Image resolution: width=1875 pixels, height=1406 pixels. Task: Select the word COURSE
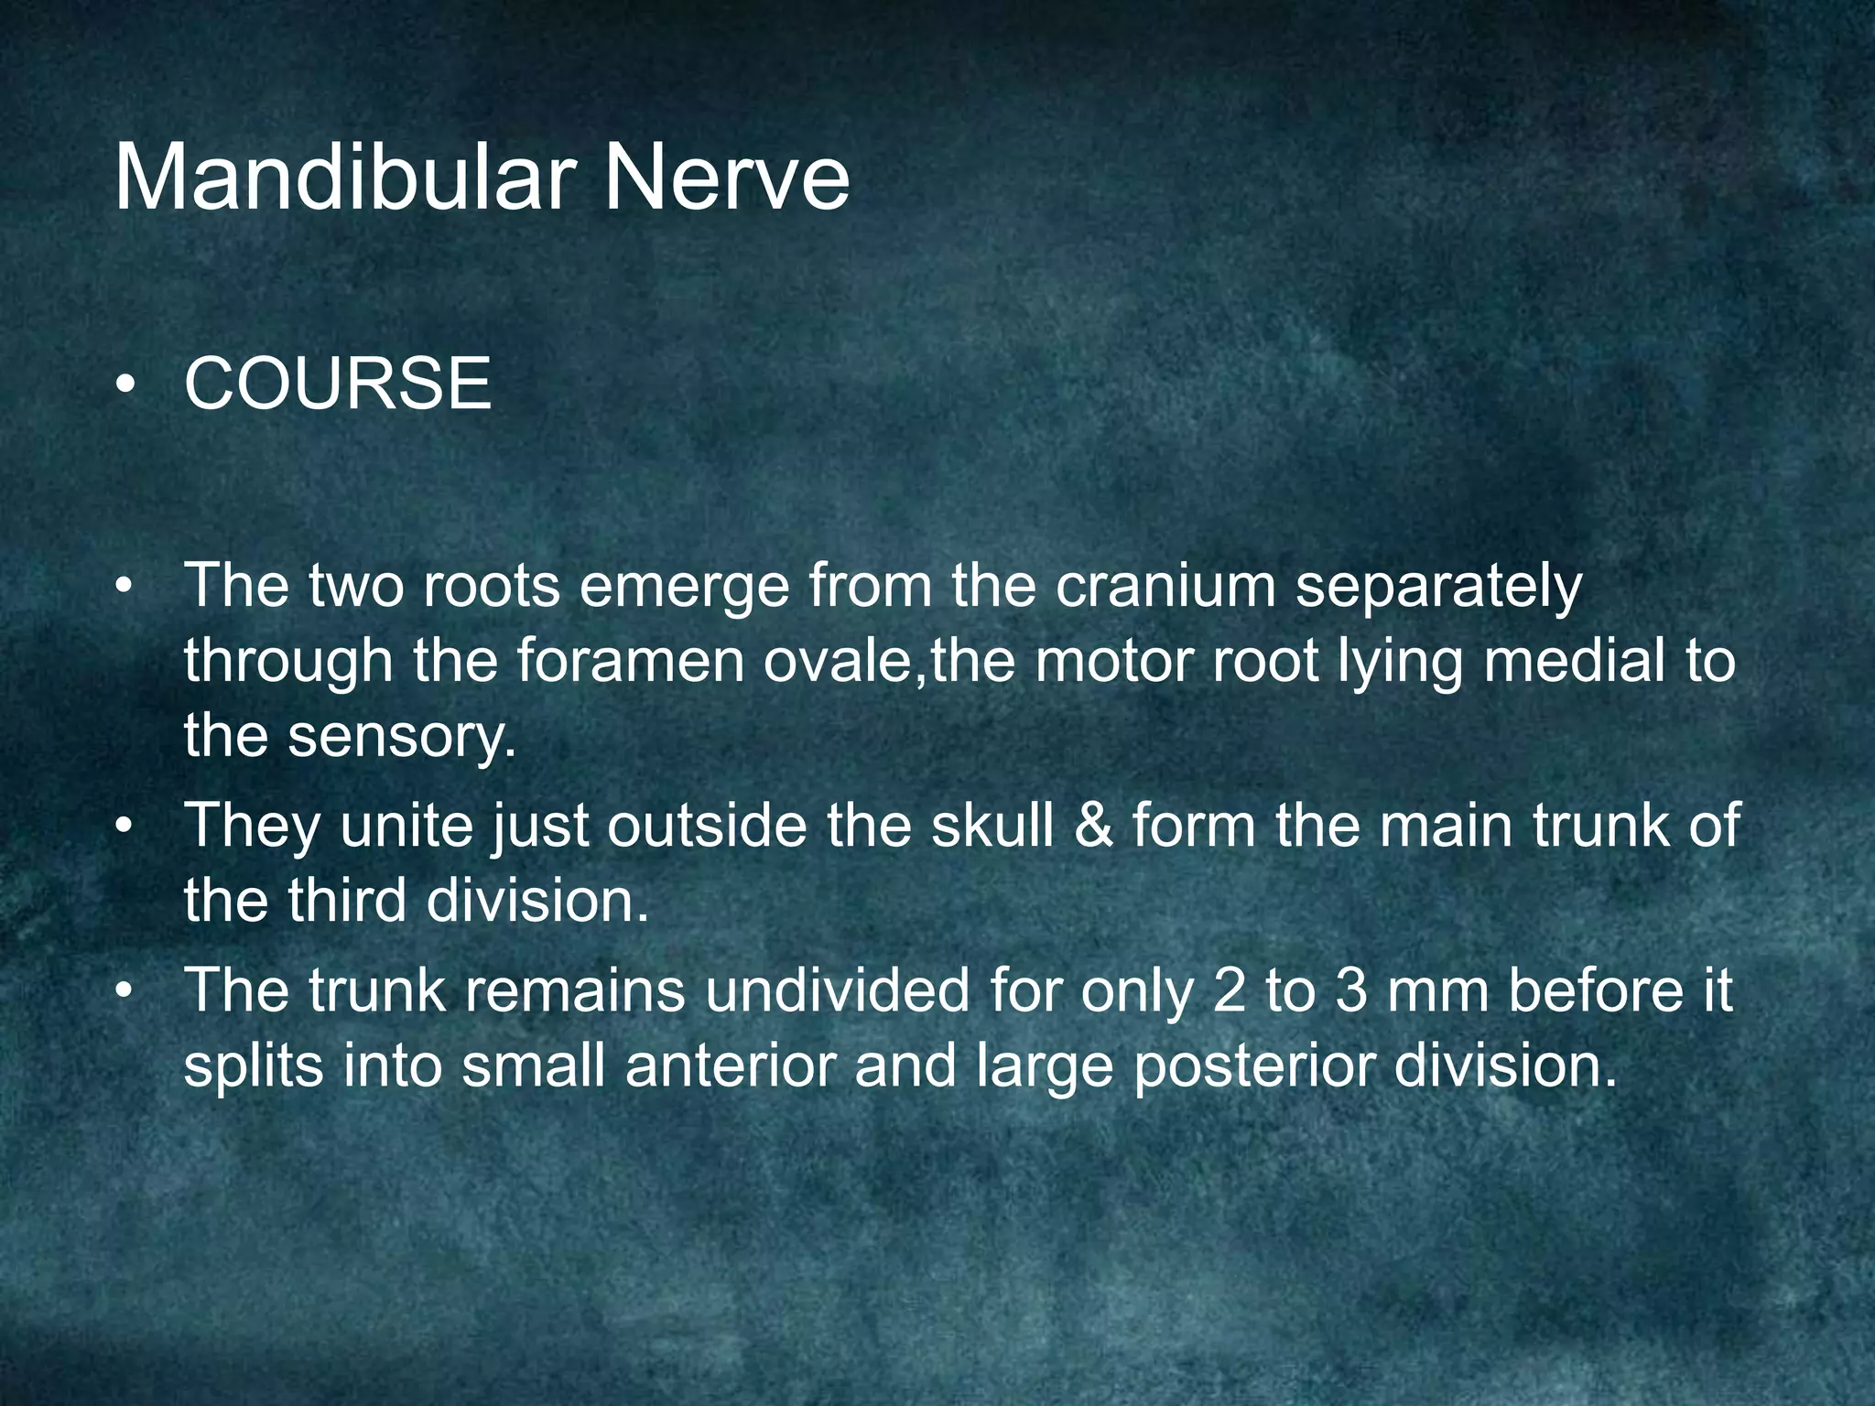coord(338,384)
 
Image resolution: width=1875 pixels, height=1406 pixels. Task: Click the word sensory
coord(402,736)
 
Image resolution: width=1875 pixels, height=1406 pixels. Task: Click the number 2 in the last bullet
coord(1229,990)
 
